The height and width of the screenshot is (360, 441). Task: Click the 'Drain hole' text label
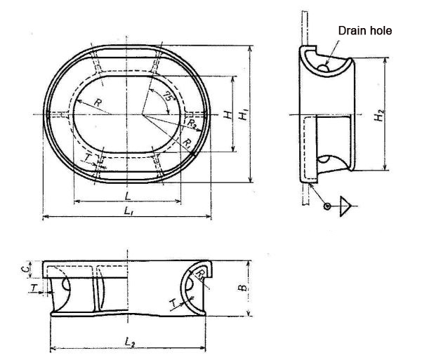click(x=365, y=31)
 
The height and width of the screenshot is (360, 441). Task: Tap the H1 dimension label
click(x=243, y=114)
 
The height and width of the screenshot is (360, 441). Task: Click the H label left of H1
click(x=227, y=114)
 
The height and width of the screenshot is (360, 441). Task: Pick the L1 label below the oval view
click(x=126, y=211)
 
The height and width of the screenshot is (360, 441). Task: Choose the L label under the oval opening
click(x=126, y=194)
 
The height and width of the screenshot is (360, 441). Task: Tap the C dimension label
click(x=23, y=268)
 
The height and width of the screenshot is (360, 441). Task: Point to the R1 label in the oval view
click(x=187, y=142)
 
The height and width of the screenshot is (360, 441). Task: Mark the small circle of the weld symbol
click(x=327, y=206)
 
